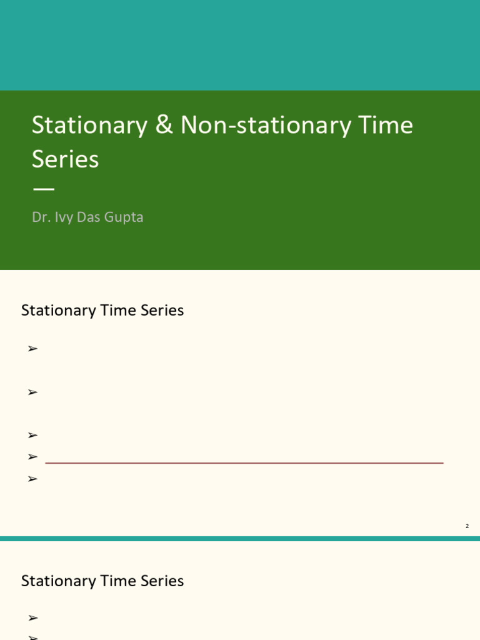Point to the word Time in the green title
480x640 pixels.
coord(386,126)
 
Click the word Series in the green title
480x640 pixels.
coord(65,159)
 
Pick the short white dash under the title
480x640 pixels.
coord(43,189)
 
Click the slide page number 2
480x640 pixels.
coord(467,526)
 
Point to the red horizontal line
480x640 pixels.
coord(244,463)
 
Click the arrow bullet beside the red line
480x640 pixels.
coord(33,457)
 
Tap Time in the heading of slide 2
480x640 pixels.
coord(114,311)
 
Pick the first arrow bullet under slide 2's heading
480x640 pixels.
coord(33,349)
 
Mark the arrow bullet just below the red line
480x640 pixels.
coord(33,479)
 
